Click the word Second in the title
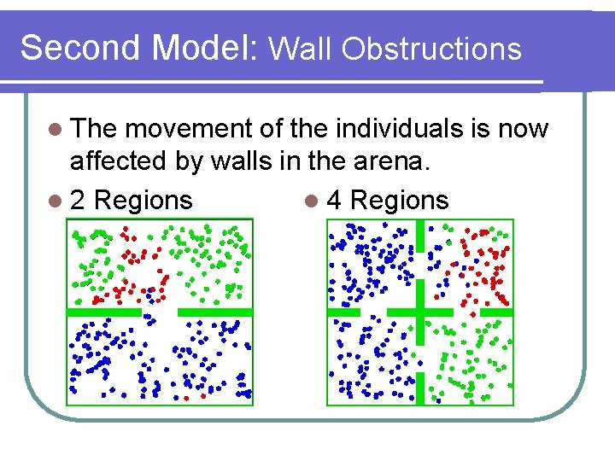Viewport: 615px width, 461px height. point(81,48)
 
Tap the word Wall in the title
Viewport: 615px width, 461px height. point(301,49)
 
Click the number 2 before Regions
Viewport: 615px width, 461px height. point(78,201)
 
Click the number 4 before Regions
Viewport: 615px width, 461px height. point(336,201)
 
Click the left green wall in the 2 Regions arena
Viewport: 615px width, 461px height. point(104,312)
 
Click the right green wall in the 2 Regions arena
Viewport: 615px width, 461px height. point(214,312)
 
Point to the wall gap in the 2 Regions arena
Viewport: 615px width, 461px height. point(160,312)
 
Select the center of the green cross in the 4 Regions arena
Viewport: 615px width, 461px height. point(419,312)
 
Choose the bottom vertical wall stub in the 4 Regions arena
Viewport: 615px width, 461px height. point(419,388)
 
